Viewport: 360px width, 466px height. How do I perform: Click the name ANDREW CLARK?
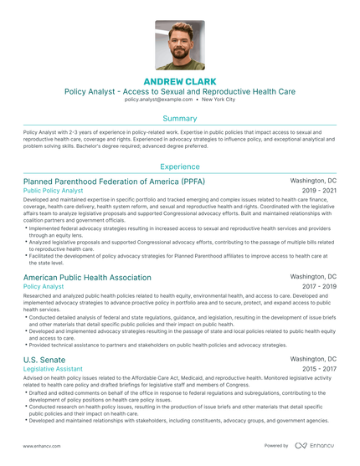coord(179,80)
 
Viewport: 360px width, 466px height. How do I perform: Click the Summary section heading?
coord(179,119)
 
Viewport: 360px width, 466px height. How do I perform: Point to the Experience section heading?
coord(179,166)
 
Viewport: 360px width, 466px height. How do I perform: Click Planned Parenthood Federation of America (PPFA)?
coord(114,181)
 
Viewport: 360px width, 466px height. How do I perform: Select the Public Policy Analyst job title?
coord(54,191)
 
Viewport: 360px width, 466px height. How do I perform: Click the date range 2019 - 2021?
coord(318,191)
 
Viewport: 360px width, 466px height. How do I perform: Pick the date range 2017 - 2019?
coord(318,286)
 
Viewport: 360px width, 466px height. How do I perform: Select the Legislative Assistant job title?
coord(53,368)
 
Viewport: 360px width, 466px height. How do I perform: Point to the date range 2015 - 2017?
coord(318,368)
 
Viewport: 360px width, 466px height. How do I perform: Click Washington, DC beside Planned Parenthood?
coord(313,181)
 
